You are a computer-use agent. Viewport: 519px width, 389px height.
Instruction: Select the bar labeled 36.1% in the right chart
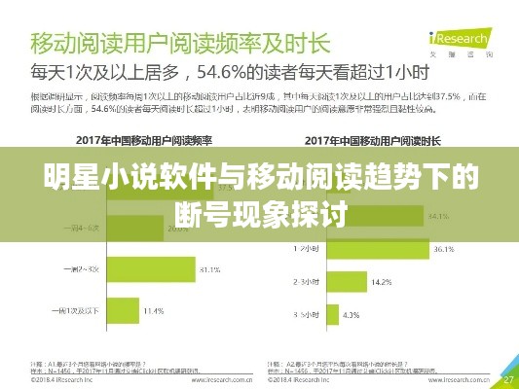[379, 249]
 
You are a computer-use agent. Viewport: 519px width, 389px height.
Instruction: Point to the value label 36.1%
[443, 249]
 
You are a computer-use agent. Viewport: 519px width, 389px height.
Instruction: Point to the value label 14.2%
[383, 282]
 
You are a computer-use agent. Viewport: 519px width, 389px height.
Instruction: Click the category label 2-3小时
[307, 282]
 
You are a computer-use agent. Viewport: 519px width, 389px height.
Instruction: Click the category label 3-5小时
[307, 315]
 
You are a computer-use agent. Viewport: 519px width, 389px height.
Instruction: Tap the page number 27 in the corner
[507, 378]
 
